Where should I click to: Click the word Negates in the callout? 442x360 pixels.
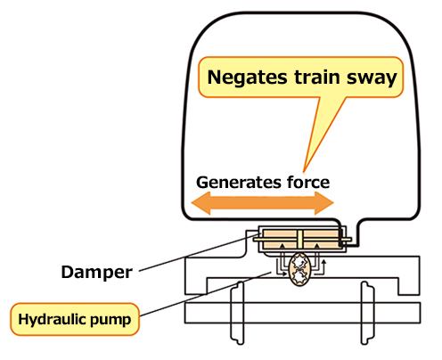[248, 78]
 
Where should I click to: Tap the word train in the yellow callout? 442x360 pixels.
[317, 77]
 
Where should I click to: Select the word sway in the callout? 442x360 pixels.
[372, 78]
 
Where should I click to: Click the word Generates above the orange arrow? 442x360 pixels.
[239, 183]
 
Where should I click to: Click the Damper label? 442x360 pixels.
[96, 273]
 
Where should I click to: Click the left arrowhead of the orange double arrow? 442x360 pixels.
[201, 203]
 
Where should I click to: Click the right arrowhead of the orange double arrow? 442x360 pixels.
[324, 203]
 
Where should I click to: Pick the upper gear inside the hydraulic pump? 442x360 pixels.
[299, 262]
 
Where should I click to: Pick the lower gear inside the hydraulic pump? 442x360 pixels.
[299, 276]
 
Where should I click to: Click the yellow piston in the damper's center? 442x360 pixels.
[299, 239]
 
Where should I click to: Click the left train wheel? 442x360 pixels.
[238, 313]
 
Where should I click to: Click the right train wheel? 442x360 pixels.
[367, 313]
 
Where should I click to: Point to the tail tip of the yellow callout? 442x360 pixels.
[304, 172]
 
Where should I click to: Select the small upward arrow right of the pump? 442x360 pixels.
[324, 266]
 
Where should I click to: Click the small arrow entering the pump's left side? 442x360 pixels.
[282, 274]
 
